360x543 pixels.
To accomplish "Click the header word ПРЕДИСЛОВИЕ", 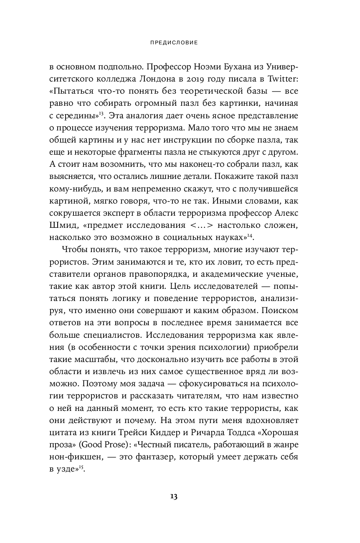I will pos(180,42).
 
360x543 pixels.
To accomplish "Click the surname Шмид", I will pos(63,226).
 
